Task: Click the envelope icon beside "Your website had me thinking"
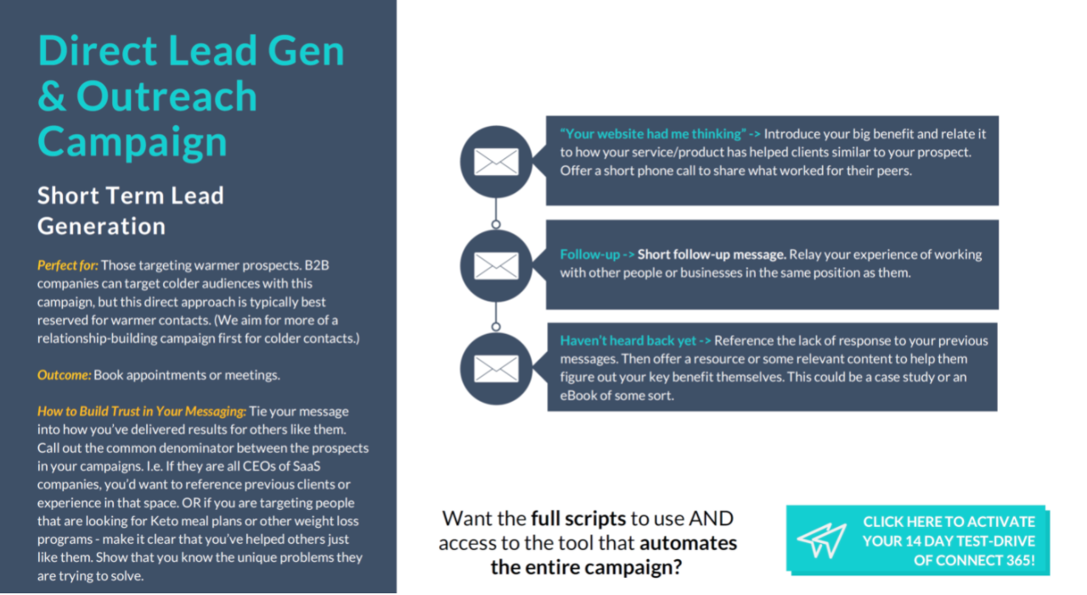tap(496, 161)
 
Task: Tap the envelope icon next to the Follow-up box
tap(496, 265)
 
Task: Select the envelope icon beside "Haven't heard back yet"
tap(496, 368)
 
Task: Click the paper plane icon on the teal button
tap(821, 541)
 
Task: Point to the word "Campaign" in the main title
tap(132, 140)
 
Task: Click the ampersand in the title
tap(51, 96)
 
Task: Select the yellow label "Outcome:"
tap(64, 375)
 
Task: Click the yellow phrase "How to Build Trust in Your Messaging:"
tap(142, 411)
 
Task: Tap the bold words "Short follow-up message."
tap(712, 254)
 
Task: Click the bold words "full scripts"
tap(578, 518)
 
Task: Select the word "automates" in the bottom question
tap(688, 542)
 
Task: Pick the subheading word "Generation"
tap(101, 226)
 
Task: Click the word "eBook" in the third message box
tap(580, 395)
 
